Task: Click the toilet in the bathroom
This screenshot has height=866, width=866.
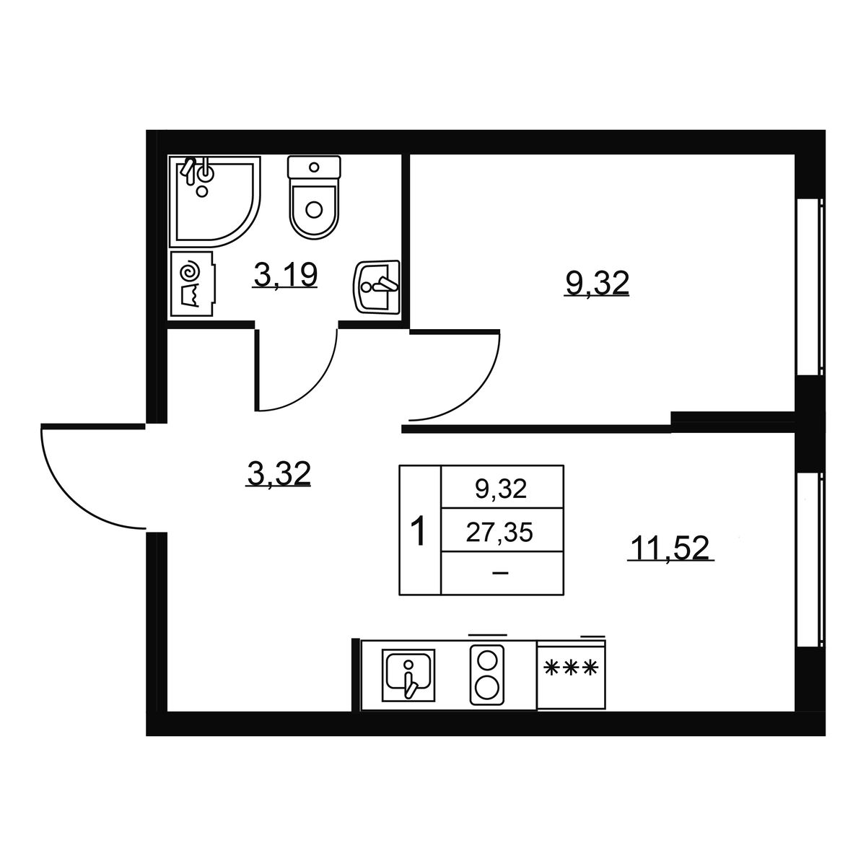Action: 314,197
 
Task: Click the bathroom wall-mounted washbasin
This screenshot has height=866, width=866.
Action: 377,287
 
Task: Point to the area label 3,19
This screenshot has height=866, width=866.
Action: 285,274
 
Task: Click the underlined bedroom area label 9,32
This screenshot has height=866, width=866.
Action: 597,283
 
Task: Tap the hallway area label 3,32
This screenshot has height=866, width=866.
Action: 279,473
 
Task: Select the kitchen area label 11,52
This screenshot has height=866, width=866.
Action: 670,548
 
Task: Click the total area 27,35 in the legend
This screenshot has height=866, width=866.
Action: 499,533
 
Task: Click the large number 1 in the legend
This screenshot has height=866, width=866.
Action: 419,530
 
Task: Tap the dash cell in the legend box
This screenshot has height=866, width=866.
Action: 500,573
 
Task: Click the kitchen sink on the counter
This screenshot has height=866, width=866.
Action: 408,675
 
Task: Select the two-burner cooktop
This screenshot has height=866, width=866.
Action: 486,675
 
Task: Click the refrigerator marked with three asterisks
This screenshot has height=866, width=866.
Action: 571,674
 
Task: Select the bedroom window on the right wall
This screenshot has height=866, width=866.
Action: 810,287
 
